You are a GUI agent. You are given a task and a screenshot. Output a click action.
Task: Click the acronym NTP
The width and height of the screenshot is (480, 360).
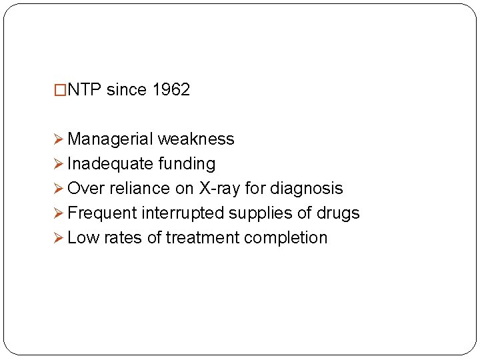[x=84, y=90]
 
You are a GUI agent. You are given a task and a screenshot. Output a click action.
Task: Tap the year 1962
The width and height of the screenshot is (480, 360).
[x=171, y=90]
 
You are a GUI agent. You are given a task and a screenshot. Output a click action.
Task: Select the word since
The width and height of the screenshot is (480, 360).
[x=127, y=90]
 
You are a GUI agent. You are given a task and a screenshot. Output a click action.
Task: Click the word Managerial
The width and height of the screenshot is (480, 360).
[x=110, y=139]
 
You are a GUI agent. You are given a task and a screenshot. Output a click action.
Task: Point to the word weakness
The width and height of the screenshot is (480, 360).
[x=196, y=139]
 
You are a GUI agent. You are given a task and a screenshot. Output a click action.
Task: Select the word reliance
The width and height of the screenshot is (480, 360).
[x=139, y=189]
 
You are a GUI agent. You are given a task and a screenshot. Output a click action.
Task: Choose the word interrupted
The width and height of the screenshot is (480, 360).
[x=182, y=213]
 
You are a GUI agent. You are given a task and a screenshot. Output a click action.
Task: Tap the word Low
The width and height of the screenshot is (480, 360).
[x=82, y=238]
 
